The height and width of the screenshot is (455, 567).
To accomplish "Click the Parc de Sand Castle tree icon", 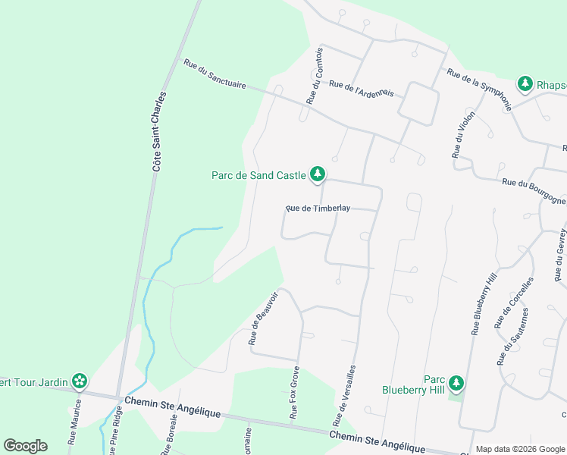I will [318, 175].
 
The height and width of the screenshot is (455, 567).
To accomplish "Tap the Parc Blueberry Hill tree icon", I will [456, 383].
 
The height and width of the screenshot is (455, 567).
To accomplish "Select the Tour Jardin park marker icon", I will [79, 381].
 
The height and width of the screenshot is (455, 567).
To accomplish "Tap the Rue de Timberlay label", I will [318, 208].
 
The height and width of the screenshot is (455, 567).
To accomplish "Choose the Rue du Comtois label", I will [315, 76].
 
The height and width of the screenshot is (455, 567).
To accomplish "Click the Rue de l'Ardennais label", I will [362, 89].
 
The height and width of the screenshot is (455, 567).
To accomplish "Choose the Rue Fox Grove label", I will [294, 394].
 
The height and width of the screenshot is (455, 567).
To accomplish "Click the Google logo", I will [25, 446].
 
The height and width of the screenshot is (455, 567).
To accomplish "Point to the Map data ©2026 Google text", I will [521, 449].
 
